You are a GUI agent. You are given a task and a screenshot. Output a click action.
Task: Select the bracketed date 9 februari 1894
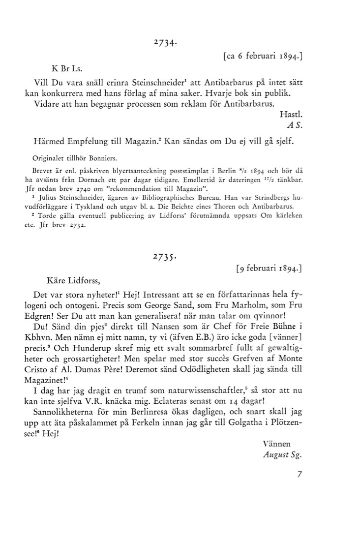269,269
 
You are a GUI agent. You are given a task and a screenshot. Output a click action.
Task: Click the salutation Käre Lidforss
73,281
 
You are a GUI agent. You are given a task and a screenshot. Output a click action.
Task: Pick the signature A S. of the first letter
294,125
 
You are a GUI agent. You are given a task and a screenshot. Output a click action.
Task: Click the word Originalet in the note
48,159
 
